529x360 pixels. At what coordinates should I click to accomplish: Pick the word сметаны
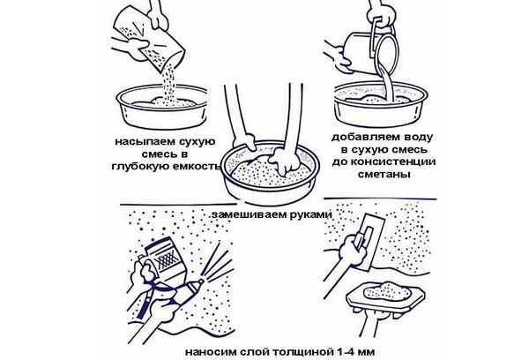coord(384,174)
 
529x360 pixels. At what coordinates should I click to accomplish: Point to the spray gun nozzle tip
coord(201,281)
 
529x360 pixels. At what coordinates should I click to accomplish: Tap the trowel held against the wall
coord(370,242)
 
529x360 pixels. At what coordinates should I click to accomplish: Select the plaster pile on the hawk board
coord(384,290)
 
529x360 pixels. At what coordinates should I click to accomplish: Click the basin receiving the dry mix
coord(162,108)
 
